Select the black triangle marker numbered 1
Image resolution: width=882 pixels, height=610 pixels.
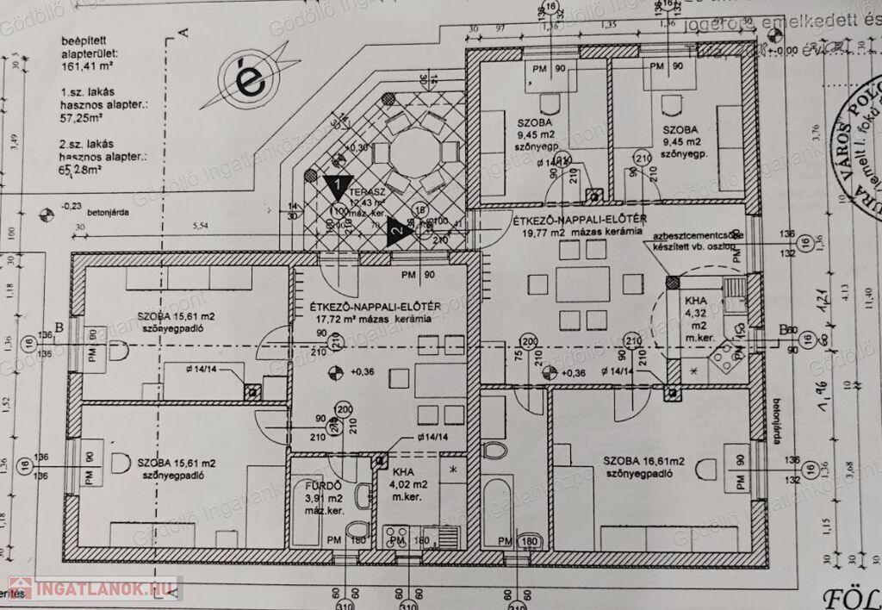[x=339, y=183]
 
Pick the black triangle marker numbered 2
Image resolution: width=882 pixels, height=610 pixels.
[x=396, y=231]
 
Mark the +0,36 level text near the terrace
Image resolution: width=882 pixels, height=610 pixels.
[x=356, y=147]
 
